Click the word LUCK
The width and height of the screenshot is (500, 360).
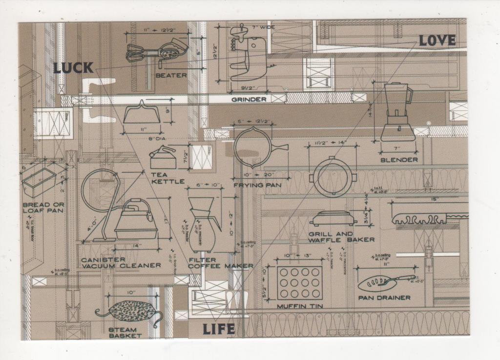tap(73, 68)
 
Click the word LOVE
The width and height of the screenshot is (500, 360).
tap(437, 41)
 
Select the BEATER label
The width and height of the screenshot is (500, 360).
tap(171, 76)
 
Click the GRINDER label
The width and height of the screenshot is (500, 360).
tap(249, 100)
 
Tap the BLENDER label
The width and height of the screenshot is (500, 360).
tap(399, 160)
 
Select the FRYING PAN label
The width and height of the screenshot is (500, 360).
tap(257, 185)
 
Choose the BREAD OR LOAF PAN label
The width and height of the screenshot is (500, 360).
tap(43, 207)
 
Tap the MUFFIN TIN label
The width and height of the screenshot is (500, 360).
tap(299, 306)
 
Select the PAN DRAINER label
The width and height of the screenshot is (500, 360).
tap(384, 297)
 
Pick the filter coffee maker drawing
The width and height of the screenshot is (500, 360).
tap(203, 224)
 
